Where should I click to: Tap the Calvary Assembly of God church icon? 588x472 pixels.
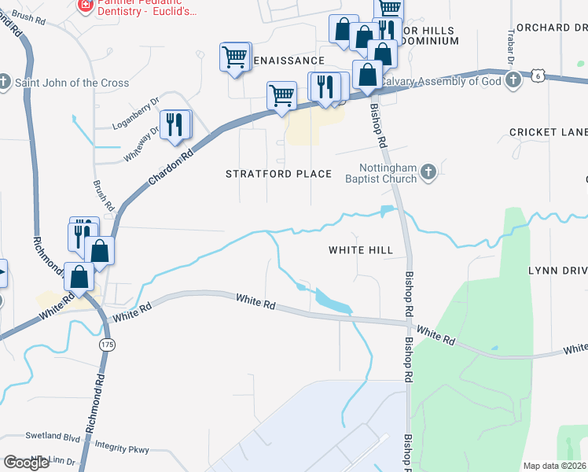513,80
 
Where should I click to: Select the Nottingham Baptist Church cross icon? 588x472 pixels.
428,171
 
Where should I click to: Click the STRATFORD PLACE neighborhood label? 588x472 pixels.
278,174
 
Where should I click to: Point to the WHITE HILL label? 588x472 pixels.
360,250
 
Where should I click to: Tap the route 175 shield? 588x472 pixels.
108,345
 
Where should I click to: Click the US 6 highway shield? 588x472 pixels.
538,76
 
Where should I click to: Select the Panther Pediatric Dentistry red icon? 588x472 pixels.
84,6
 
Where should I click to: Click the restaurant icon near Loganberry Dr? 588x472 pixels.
175,125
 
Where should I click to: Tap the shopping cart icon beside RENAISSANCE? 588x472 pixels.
235,57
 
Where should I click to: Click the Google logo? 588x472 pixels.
26,463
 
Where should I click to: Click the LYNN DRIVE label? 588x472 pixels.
557,271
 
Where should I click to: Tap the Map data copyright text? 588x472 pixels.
554,466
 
